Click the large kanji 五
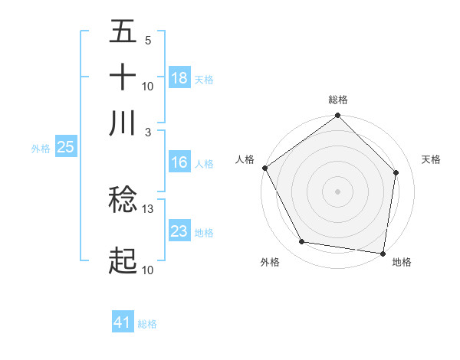tap(123, 32)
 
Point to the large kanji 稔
tap(123, 200)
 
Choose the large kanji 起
tap(123, 261)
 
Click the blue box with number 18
tap(179, 77)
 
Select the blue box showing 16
tap(179, 162)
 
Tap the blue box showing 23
tap(179, 231)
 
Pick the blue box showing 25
tap(65, 148)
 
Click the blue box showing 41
tap(123, 322)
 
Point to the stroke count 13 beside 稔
tap(148, 208)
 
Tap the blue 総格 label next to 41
tap(147, 324)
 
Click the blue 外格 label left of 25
tap(41, 149)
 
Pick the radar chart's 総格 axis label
tap(338, 100)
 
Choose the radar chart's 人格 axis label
tap(245, 159)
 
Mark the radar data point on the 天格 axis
tap(396, 172)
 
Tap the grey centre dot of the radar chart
tap(338, 191)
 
